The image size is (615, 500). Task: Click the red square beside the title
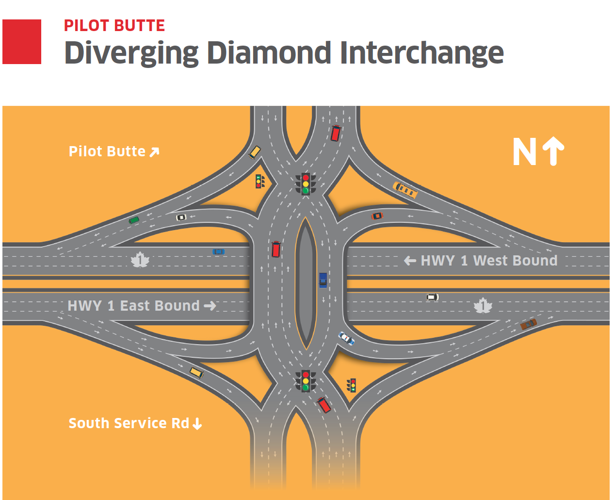click(x=22, y=42)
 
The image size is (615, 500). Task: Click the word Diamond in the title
click(x=269, y=53)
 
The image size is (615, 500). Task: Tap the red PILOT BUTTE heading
click(x=114, y=25)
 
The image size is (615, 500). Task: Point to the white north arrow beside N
click(x=553, y=151)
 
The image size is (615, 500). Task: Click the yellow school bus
click(x=405, y=190)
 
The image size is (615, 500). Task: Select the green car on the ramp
click(x=134, y=220)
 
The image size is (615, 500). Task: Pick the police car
click(x=346, y=338)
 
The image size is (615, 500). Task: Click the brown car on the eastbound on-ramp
click(x=528, y=324)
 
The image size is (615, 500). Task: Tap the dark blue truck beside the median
click(x=323, y=280)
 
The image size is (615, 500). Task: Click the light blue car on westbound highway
click(x=218, y=252)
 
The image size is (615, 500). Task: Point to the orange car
click(x=377, y=216)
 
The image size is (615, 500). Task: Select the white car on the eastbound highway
click(x=433, y=297)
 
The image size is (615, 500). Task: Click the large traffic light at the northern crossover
click(x=306, y=184)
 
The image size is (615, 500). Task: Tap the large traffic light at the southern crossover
click(x=306, y=381)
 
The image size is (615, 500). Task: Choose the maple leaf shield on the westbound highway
click(x=140, y=260)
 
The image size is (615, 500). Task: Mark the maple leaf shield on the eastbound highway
click(x=483, y=305)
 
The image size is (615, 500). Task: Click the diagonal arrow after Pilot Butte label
click(x=154, y=152)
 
